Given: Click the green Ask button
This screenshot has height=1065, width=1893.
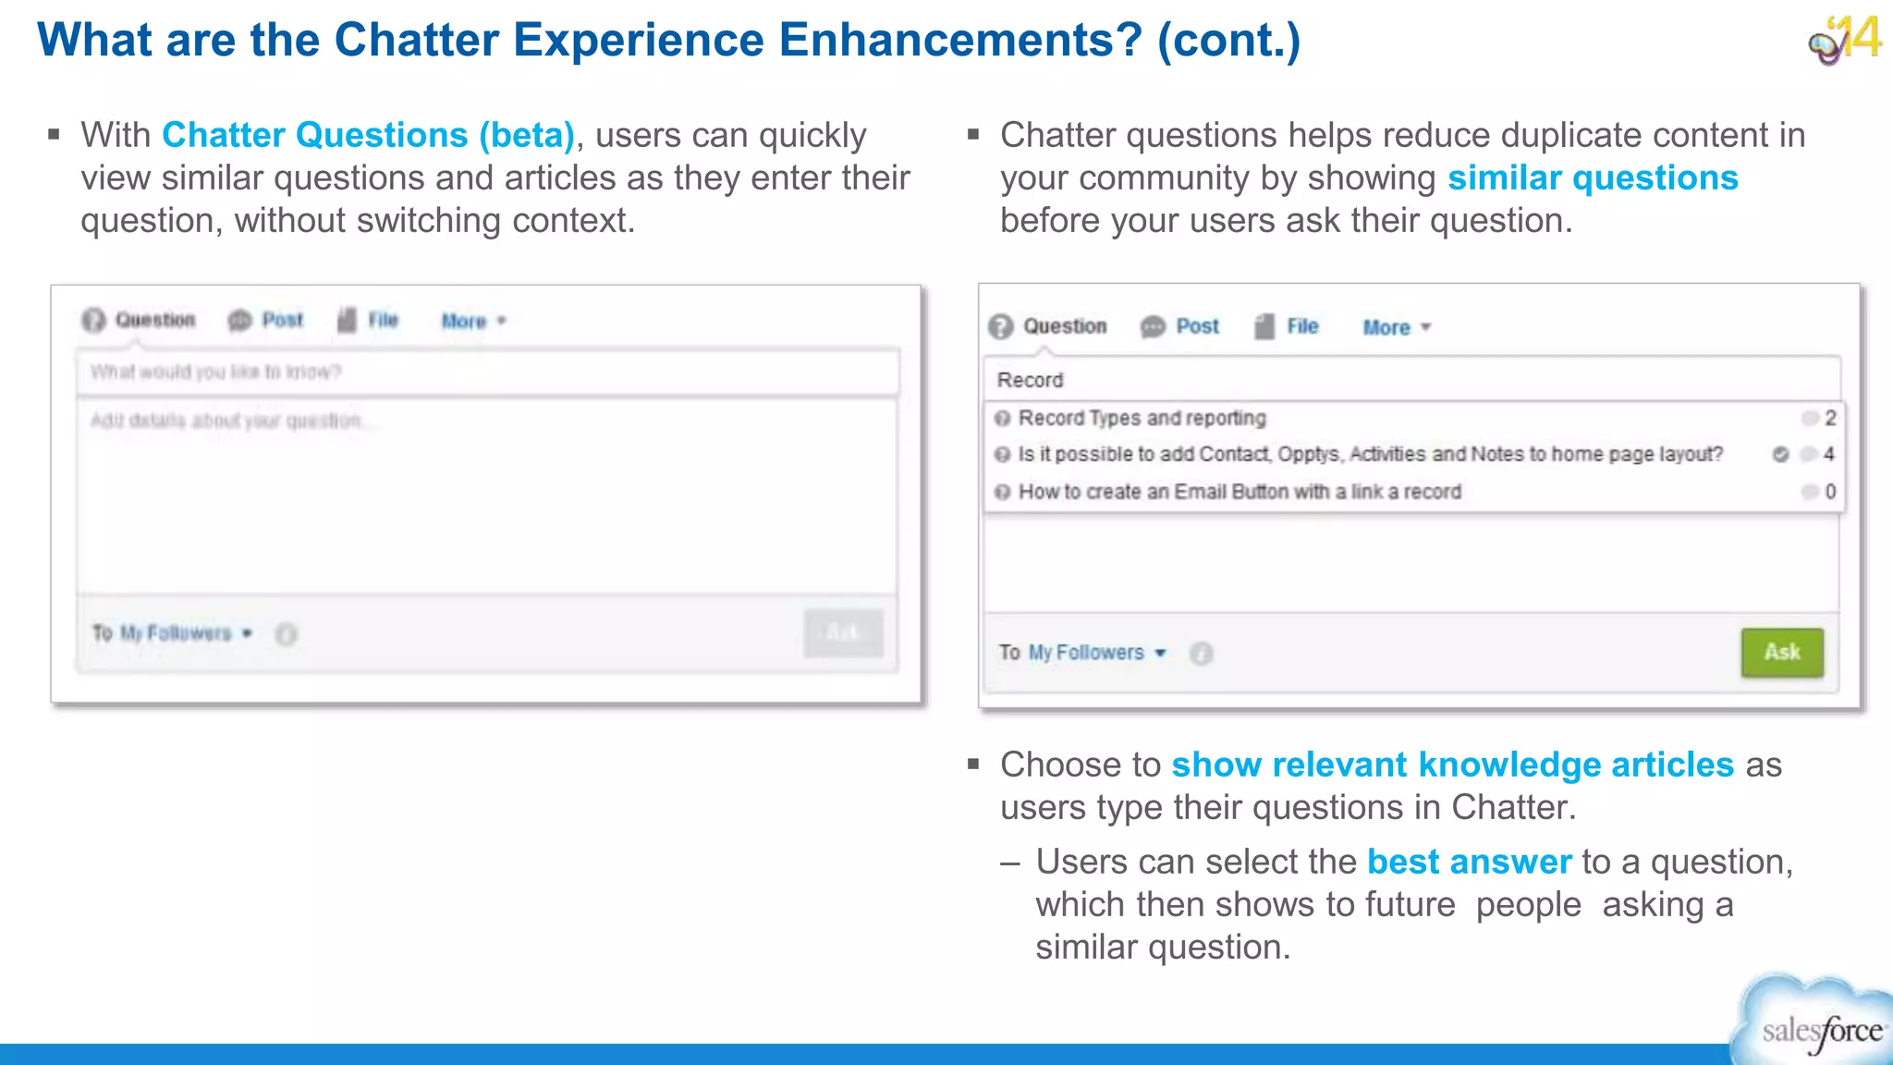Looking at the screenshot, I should point(1781,652).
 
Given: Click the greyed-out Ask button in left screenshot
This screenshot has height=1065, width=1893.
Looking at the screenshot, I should point(842,633).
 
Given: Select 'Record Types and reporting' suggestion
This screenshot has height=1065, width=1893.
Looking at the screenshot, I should point(1142,418).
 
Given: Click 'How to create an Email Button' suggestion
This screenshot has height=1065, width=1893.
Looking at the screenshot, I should point(1239,492).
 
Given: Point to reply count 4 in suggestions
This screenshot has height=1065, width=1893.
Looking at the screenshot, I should point(1827,454).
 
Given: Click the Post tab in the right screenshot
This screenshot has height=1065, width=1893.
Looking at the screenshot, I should point(1196,326).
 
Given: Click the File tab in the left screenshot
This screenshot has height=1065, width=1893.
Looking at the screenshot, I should point(382,320).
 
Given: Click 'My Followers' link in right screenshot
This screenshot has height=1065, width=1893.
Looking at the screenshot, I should point(1086,653).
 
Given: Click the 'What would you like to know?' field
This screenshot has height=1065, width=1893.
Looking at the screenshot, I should point(487,372).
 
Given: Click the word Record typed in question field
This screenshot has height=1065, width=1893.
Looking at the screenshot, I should point(1030,380).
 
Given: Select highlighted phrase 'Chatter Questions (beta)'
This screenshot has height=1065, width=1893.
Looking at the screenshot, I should point(368,135).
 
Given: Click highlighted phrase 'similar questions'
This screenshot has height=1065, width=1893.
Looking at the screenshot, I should point(1592,177).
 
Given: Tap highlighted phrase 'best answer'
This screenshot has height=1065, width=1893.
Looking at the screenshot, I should point(1468,862).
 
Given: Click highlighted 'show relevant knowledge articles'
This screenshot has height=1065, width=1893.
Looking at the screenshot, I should point(1451,765).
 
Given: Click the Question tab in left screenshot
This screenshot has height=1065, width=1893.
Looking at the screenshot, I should point(153,320).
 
